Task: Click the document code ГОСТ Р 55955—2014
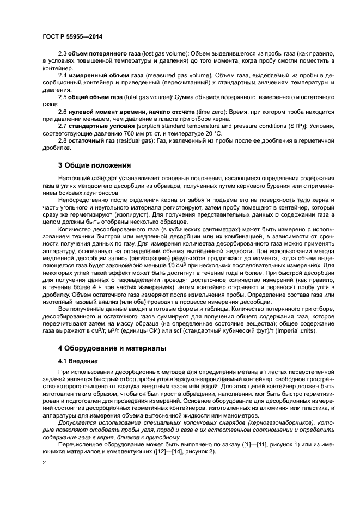pyautogui.click(x=72, y=36)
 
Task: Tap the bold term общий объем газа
pyautogui.click(x=94, y=97)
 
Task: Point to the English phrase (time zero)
pyautogui.click(x=208, y=111)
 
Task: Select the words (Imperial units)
pyautogui.click(x=294, y=330)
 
